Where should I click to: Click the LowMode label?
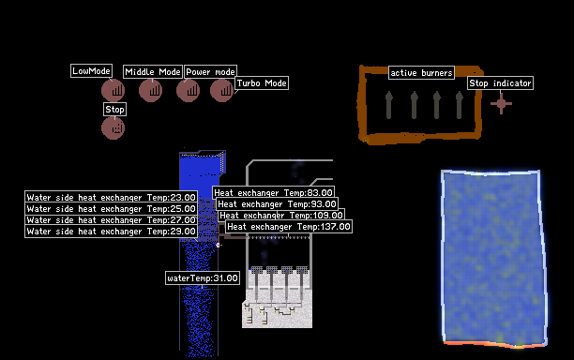[91, 71]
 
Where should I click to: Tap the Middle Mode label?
[153, 71]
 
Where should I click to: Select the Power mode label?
[210, 71]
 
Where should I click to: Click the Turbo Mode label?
[262, 83]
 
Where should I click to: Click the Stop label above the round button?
[114, 109]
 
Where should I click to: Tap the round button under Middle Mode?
[150, 90]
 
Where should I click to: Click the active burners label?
[421, 73]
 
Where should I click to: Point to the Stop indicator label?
[500, 83]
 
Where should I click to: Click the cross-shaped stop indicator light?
[501, 103]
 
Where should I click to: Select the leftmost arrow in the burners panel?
[389, 105]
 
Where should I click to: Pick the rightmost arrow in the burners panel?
[460, 105]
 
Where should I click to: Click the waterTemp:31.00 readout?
[203, 278]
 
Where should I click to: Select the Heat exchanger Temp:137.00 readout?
[289, 227]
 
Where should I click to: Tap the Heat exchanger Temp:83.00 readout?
[273, 192]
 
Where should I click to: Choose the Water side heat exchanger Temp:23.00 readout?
[111, 197]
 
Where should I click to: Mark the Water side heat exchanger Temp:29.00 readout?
[111, 232]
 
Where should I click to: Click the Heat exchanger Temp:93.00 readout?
[277, 203]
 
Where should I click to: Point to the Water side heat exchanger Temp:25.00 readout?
[111, 208]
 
